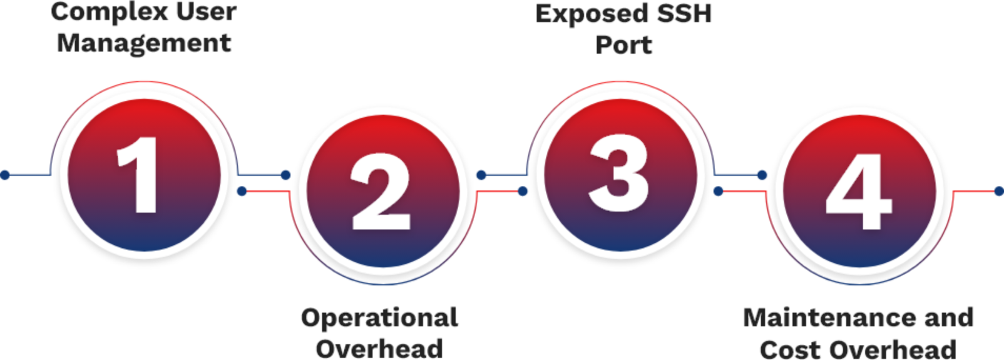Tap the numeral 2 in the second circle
tap(381, 192)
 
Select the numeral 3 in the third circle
tap(619, 173)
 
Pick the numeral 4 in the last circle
tap(859, 192)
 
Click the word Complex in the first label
tap(110, 13)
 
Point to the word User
tap(206, 12)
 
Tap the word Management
tap(144, 44)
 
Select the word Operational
tap(380, 318)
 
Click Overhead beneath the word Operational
tap(379, 349)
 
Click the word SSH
tap(684, 13)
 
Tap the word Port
tap(623, 45)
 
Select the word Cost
tap(791, 349)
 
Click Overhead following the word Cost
tap(893, 349)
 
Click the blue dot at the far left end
tap(5, 175)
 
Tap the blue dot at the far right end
tap(999, 192)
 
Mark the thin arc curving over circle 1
tap(144, 81)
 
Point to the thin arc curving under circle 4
tap(859, 284)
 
